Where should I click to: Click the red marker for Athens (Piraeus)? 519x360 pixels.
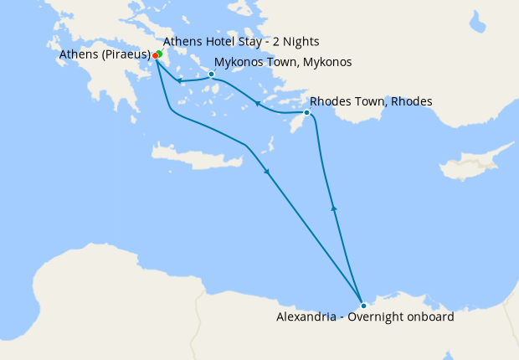[x=155, y=56]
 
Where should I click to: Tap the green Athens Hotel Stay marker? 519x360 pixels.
[x=159, y=54]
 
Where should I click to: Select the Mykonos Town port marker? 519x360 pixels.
[x=211, y=74]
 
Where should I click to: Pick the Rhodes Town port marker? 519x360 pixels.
[x=307, y=112]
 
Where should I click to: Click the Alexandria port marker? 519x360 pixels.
[x=363, y=306]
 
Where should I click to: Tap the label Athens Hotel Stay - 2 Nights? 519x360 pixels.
[x=241, y=41]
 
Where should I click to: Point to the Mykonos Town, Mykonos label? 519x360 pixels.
[x=283, y=63]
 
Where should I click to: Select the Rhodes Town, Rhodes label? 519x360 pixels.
[x=371, y=101]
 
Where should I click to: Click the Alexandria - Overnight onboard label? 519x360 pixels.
[x=365, y=317]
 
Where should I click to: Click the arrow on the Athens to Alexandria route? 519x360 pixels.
[x=267, y=172]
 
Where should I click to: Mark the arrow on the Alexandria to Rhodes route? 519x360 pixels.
[x=334, y=208]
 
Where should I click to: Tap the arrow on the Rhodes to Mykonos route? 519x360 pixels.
[x=258, y=105]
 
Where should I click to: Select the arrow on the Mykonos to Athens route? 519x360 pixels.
[x=179, y=80]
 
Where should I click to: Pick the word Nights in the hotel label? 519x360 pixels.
[x=301, y=41]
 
